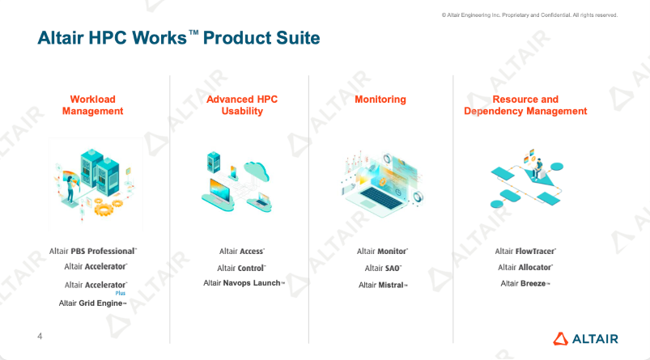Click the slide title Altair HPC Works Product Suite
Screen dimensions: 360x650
coord(179,38)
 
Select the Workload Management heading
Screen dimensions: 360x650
coord(93,105)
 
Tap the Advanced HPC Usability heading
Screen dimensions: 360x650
coord(242,105)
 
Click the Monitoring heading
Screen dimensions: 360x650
coord(380,100)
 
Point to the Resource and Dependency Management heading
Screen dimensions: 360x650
coord(525,105)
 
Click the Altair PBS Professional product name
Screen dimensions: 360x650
coord(93,252)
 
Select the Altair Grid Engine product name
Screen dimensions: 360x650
coord(93,303)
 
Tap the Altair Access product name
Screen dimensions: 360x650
coord(242,252)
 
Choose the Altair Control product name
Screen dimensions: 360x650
coord(242,268)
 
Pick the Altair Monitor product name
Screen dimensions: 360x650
coord(382,252)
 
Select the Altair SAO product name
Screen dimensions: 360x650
coord(383,268)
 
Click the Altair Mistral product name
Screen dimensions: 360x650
coord(383,285)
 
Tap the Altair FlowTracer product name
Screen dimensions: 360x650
coord(525,252)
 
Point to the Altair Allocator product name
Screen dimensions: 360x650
coord(525,267)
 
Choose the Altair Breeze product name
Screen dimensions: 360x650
coord(525,283)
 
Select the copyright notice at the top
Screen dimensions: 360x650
coord(529,15)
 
